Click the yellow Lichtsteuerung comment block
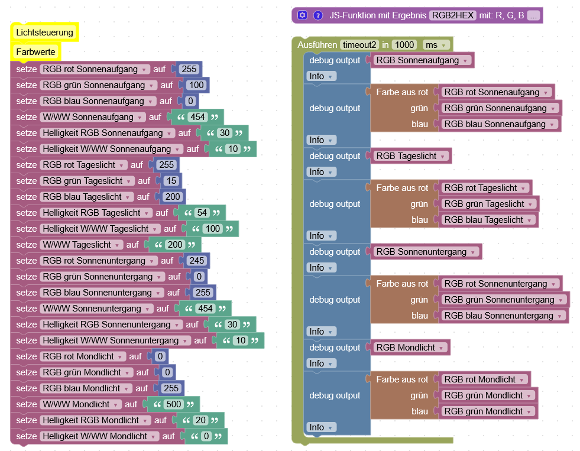click(x=45, y=33)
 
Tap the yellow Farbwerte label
click(x=35, y=52)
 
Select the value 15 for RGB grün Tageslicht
click(x=171, y=181)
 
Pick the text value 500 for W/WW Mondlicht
click(x=174, y=404)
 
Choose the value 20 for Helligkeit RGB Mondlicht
click(x=200, y=420)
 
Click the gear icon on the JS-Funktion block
click(x=302, y=15)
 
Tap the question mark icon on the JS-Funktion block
click(x=317, y=15)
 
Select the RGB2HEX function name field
click(x=453, y=15)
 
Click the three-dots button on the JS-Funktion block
click(x=533, y=15)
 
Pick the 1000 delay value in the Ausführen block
click(x=404, y=45)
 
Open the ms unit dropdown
click(x=436, y=45)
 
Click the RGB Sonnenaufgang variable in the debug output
click(x=422, y=60)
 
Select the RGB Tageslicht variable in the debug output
click(x=411, y=156)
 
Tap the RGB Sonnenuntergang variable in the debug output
click(x=426, y=252)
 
